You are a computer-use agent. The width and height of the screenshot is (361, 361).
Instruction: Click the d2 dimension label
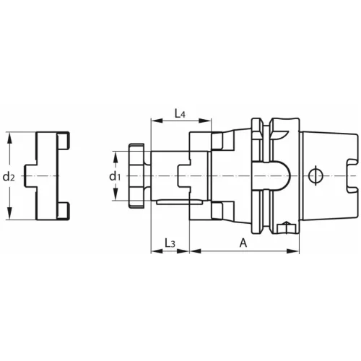(x=9, y=176)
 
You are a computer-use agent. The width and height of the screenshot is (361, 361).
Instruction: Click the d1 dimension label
(x=113, y=176)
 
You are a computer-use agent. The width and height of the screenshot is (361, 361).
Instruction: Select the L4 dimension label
(x=180, y=113)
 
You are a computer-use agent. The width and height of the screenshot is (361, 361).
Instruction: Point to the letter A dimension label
(x=243, y=243)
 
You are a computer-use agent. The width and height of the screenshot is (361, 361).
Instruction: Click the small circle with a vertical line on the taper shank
(x=312, y=176)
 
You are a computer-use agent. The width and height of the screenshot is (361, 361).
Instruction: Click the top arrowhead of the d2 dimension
(x=9, y=136)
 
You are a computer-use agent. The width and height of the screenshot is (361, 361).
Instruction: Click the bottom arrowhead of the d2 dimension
(x=9, y=217)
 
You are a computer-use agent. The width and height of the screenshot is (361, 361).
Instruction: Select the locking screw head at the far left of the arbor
(x=135, y=176)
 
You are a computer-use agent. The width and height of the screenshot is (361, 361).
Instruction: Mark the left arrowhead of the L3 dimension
(x=154, y=252)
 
